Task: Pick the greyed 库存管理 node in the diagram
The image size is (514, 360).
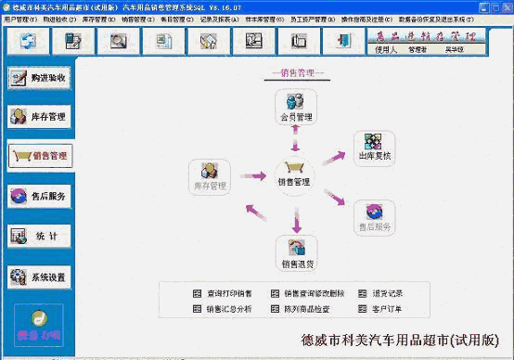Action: pyautogui.click(x=210, y=176)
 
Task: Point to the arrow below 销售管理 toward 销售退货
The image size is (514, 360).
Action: pyautogui.click(x=297, y=220)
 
